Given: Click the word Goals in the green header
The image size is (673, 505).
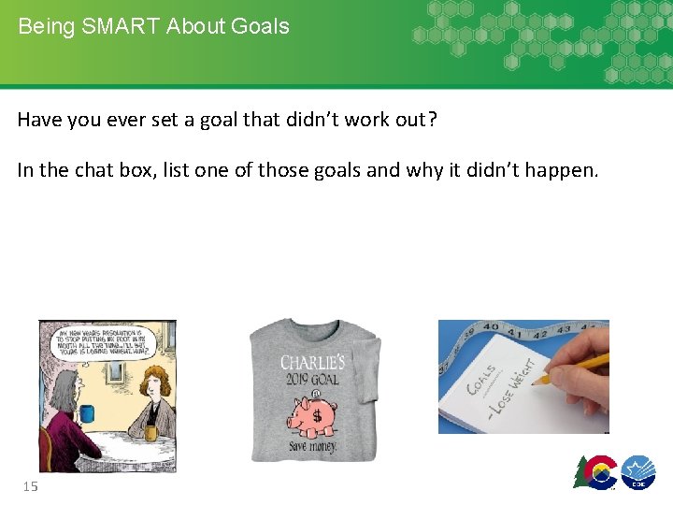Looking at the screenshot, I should pos(261,26).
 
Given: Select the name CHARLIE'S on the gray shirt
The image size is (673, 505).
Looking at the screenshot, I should pos(312,362).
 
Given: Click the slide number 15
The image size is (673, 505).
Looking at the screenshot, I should pos(30,485).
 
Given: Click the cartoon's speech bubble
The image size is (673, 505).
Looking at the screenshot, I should pos(107,341).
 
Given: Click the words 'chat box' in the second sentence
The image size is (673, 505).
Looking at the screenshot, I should pos(122,170).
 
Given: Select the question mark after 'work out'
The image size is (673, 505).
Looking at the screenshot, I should pos(431,120).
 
